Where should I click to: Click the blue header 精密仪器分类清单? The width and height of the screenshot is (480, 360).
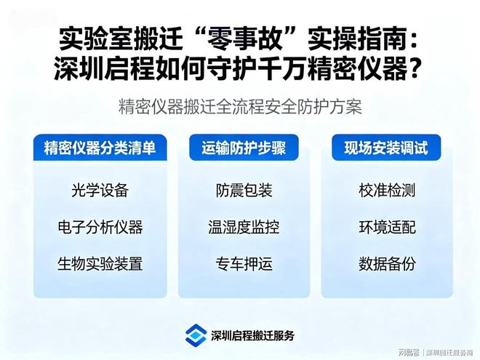(100, 148)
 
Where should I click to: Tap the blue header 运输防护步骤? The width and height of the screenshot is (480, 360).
(244, 148)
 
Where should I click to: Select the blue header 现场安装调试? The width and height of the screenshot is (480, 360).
(386, 148)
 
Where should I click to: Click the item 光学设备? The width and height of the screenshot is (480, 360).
(100, 191)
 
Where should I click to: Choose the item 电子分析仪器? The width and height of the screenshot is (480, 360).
(100, 227)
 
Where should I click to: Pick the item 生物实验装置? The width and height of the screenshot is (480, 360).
(100, 263)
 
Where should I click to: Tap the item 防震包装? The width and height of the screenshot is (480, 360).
(244, 191)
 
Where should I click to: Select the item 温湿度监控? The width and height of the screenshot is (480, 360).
(244, 227)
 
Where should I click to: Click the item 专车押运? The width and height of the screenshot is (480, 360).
(244, 263)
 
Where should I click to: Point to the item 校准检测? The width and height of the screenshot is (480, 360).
(386, 191)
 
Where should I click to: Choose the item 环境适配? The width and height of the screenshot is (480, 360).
(386, 227)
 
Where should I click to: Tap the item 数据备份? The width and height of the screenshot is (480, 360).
(386, 263)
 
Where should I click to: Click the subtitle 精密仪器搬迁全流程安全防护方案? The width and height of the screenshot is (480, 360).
(240, 106)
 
